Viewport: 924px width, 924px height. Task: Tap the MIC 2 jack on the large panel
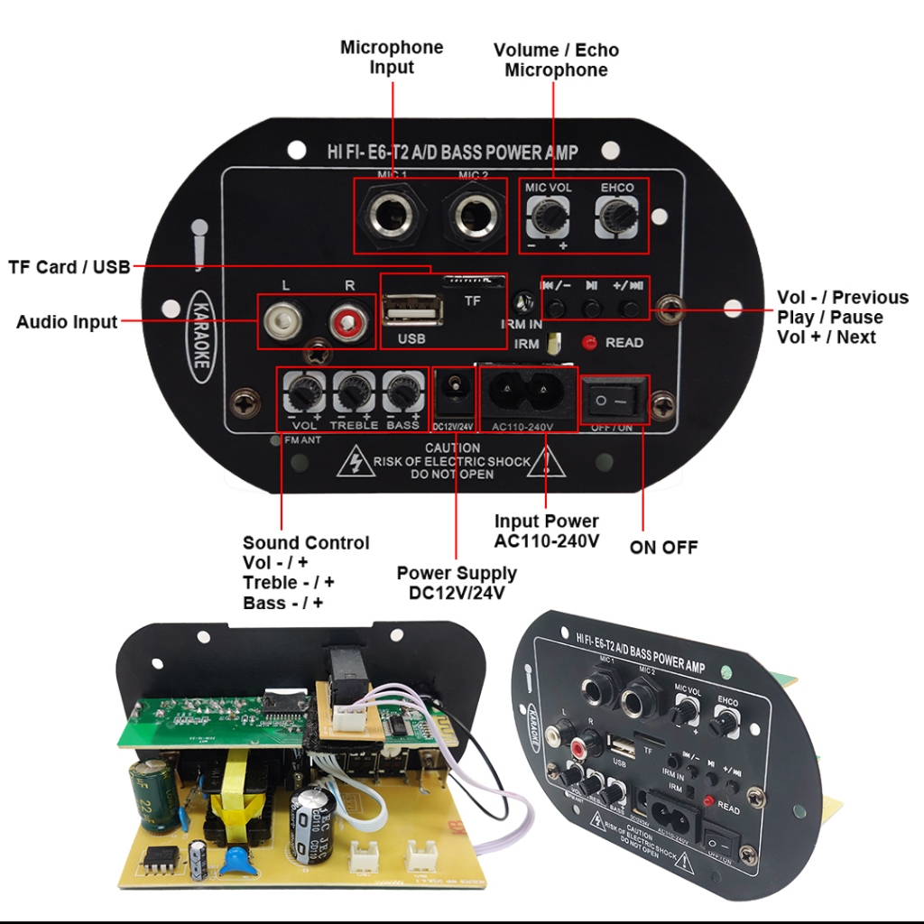pos(472,217)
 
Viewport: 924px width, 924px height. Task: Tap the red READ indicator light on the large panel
pos(590,343)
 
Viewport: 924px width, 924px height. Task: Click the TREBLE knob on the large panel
pos(353,393)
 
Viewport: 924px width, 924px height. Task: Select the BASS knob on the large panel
pos(402,393)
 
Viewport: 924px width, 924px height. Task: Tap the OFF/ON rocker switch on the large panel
pos(613,398)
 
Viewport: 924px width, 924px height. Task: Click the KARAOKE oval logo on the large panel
pos(201,335)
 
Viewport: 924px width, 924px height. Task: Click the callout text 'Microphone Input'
pos(392,57)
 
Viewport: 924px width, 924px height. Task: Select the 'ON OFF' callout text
pos(663,547)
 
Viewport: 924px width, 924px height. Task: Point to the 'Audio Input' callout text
pos(67,322)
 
